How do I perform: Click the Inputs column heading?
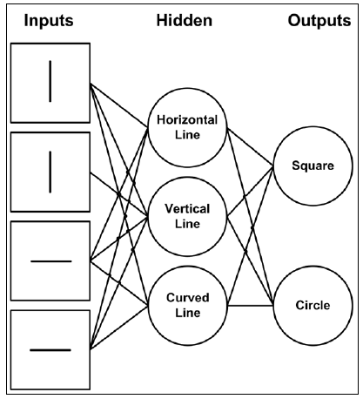(x=49, y=21)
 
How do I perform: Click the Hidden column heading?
(x=185, y=21)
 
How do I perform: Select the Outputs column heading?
(x=319, y=21)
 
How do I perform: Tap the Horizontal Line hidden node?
(x=187, y=128)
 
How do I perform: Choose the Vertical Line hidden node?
(x=187, y=217)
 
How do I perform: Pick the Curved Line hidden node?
(x=187, y=306)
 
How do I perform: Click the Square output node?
(x=313, y=166)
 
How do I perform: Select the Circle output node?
(x=313, y=306)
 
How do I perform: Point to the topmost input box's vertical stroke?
(x=50, y=81)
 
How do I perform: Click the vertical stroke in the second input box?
(x=50, y=172)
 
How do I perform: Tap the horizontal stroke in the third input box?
(x=51, y=261)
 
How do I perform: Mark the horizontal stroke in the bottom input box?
(x=50, y=350)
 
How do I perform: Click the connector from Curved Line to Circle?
(x=251, y=306)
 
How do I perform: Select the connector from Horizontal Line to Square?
(x=250, y=147)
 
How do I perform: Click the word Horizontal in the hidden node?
(x=187, y=120)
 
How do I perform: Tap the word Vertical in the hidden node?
(x=187, y=209)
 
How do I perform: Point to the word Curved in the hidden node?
(x=188, y=298)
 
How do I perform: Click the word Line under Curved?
(x=188, y=313)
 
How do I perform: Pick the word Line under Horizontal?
(x=187, y=135)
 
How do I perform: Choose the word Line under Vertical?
(x=187, y=224)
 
